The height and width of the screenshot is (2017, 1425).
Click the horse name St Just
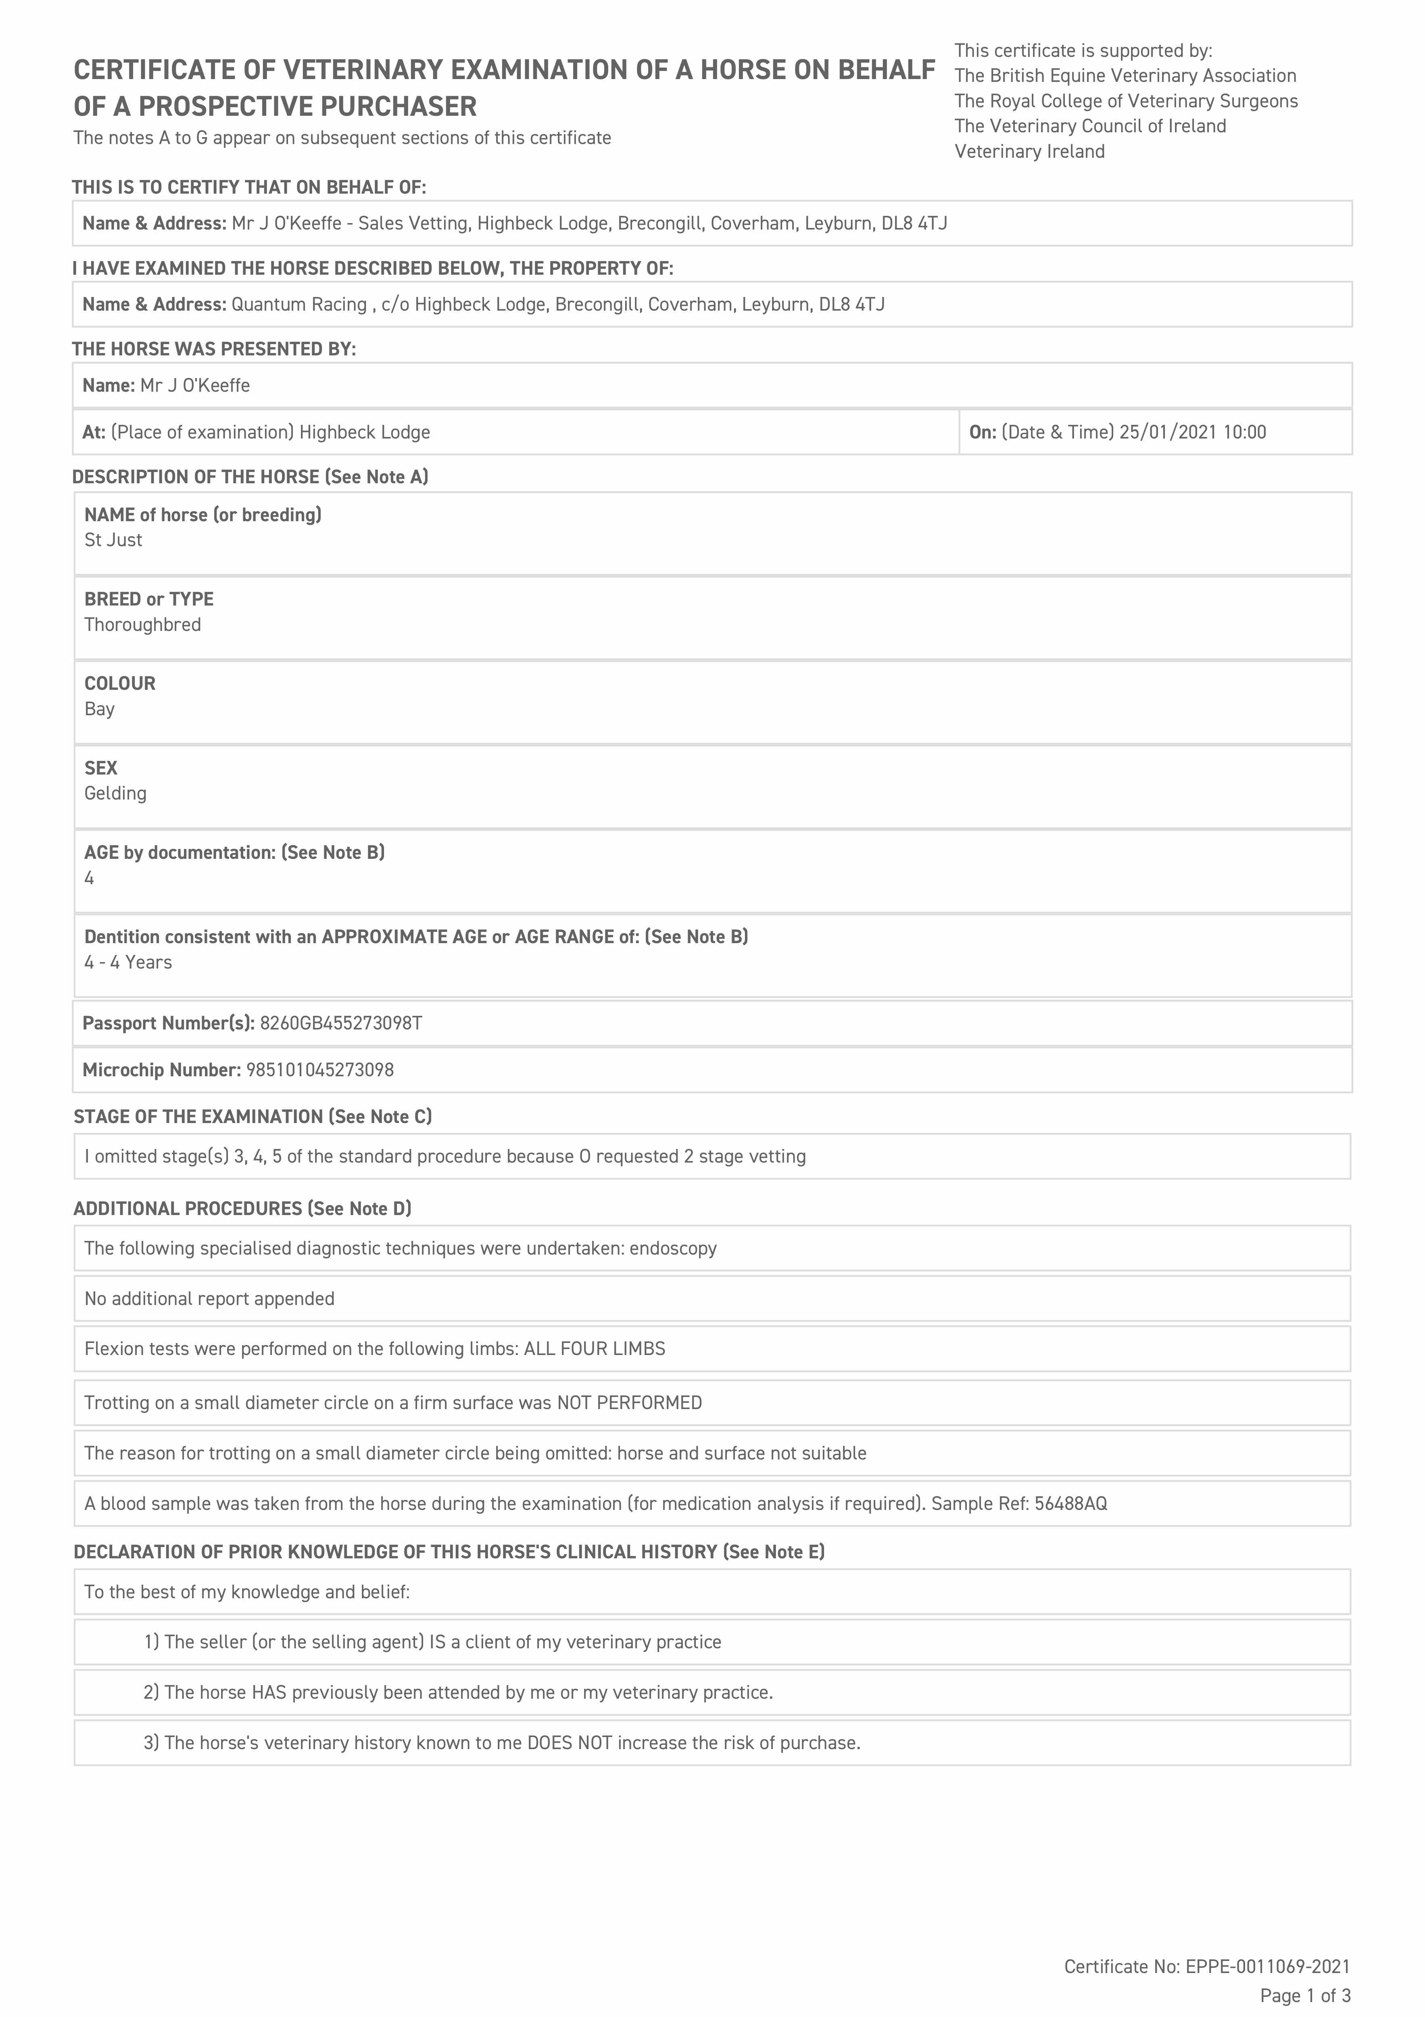pos(113,540)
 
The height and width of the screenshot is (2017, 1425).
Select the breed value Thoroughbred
pos(142,624)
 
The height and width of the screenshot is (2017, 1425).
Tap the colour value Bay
pos(99,709)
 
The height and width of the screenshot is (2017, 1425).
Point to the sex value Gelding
pos(115,793)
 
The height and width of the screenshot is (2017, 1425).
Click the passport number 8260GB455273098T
pos(341,1023)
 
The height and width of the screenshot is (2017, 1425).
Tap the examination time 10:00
pos(1244,432)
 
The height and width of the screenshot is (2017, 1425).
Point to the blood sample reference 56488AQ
pos(1071,1504)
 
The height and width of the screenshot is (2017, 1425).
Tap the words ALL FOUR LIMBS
pos(595,1349)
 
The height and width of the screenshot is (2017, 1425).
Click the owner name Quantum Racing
pos(299,305)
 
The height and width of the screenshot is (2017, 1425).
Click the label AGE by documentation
pos(180,852)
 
